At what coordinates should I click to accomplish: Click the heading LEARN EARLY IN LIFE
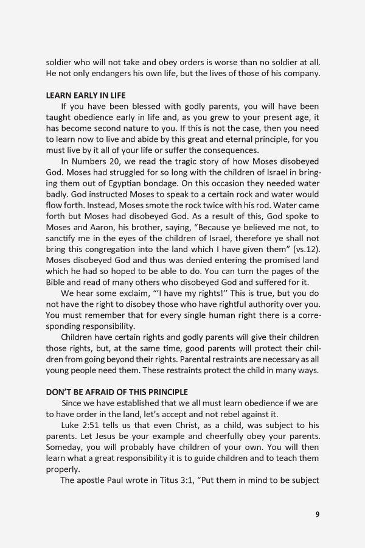[86, 95]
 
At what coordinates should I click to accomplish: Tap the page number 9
[317, 514]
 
